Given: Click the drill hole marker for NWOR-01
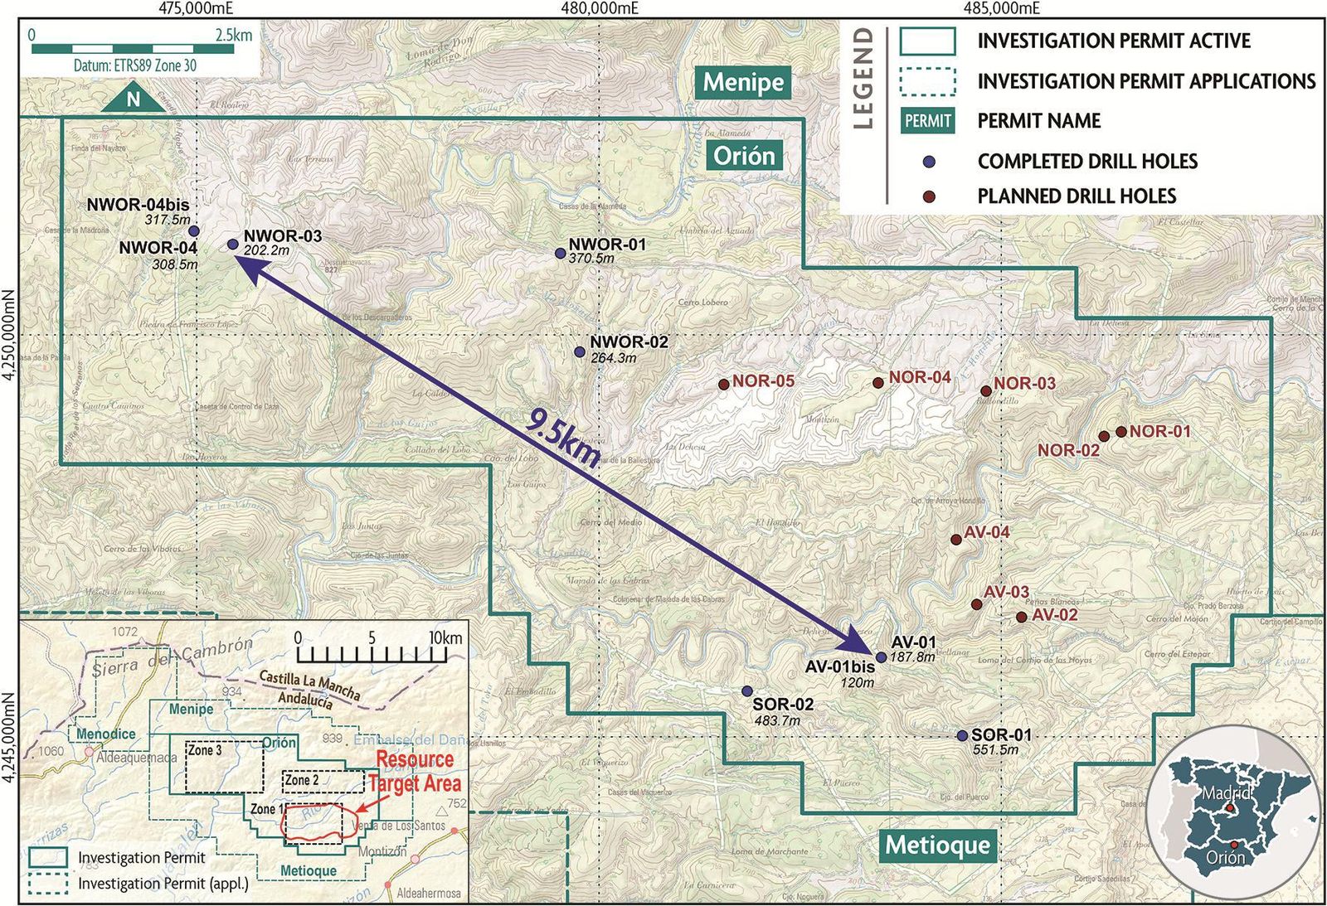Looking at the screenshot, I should [x=560, y=253].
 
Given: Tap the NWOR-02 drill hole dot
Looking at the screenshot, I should [x=580, y=352].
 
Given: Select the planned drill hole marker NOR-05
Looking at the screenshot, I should [x=723, y=385].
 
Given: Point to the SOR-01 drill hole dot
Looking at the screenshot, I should [x=962, y=736].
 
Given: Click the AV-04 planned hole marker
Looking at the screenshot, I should [x=955, y=540].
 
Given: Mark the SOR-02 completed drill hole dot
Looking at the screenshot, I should [x=746, y=691].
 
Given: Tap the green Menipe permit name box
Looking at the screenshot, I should [x=743, y=82].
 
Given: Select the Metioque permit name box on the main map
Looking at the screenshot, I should [x=938, y=845].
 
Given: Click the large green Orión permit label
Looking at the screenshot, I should [x=744, y=155].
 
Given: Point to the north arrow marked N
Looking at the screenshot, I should [x=134, y=99].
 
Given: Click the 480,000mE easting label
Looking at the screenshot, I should [x=600, y=9].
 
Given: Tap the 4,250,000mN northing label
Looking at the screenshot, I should [x=9, y=335].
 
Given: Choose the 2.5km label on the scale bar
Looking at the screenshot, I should [x=233, y=36].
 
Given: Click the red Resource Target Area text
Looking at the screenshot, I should [x=414, y=771].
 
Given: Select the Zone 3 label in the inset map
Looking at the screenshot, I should [x=205, y=750].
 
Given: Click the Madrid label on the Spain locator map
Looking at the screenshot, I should [x=1226, y=793].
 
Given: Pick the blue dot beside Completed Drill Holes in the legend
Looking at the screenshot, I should [x=930, y=161].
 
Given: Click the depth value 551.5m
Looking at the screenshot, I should [x=995, y=750].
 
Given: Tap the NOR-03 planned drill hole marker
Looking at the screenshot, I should [x=986, y=391].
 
